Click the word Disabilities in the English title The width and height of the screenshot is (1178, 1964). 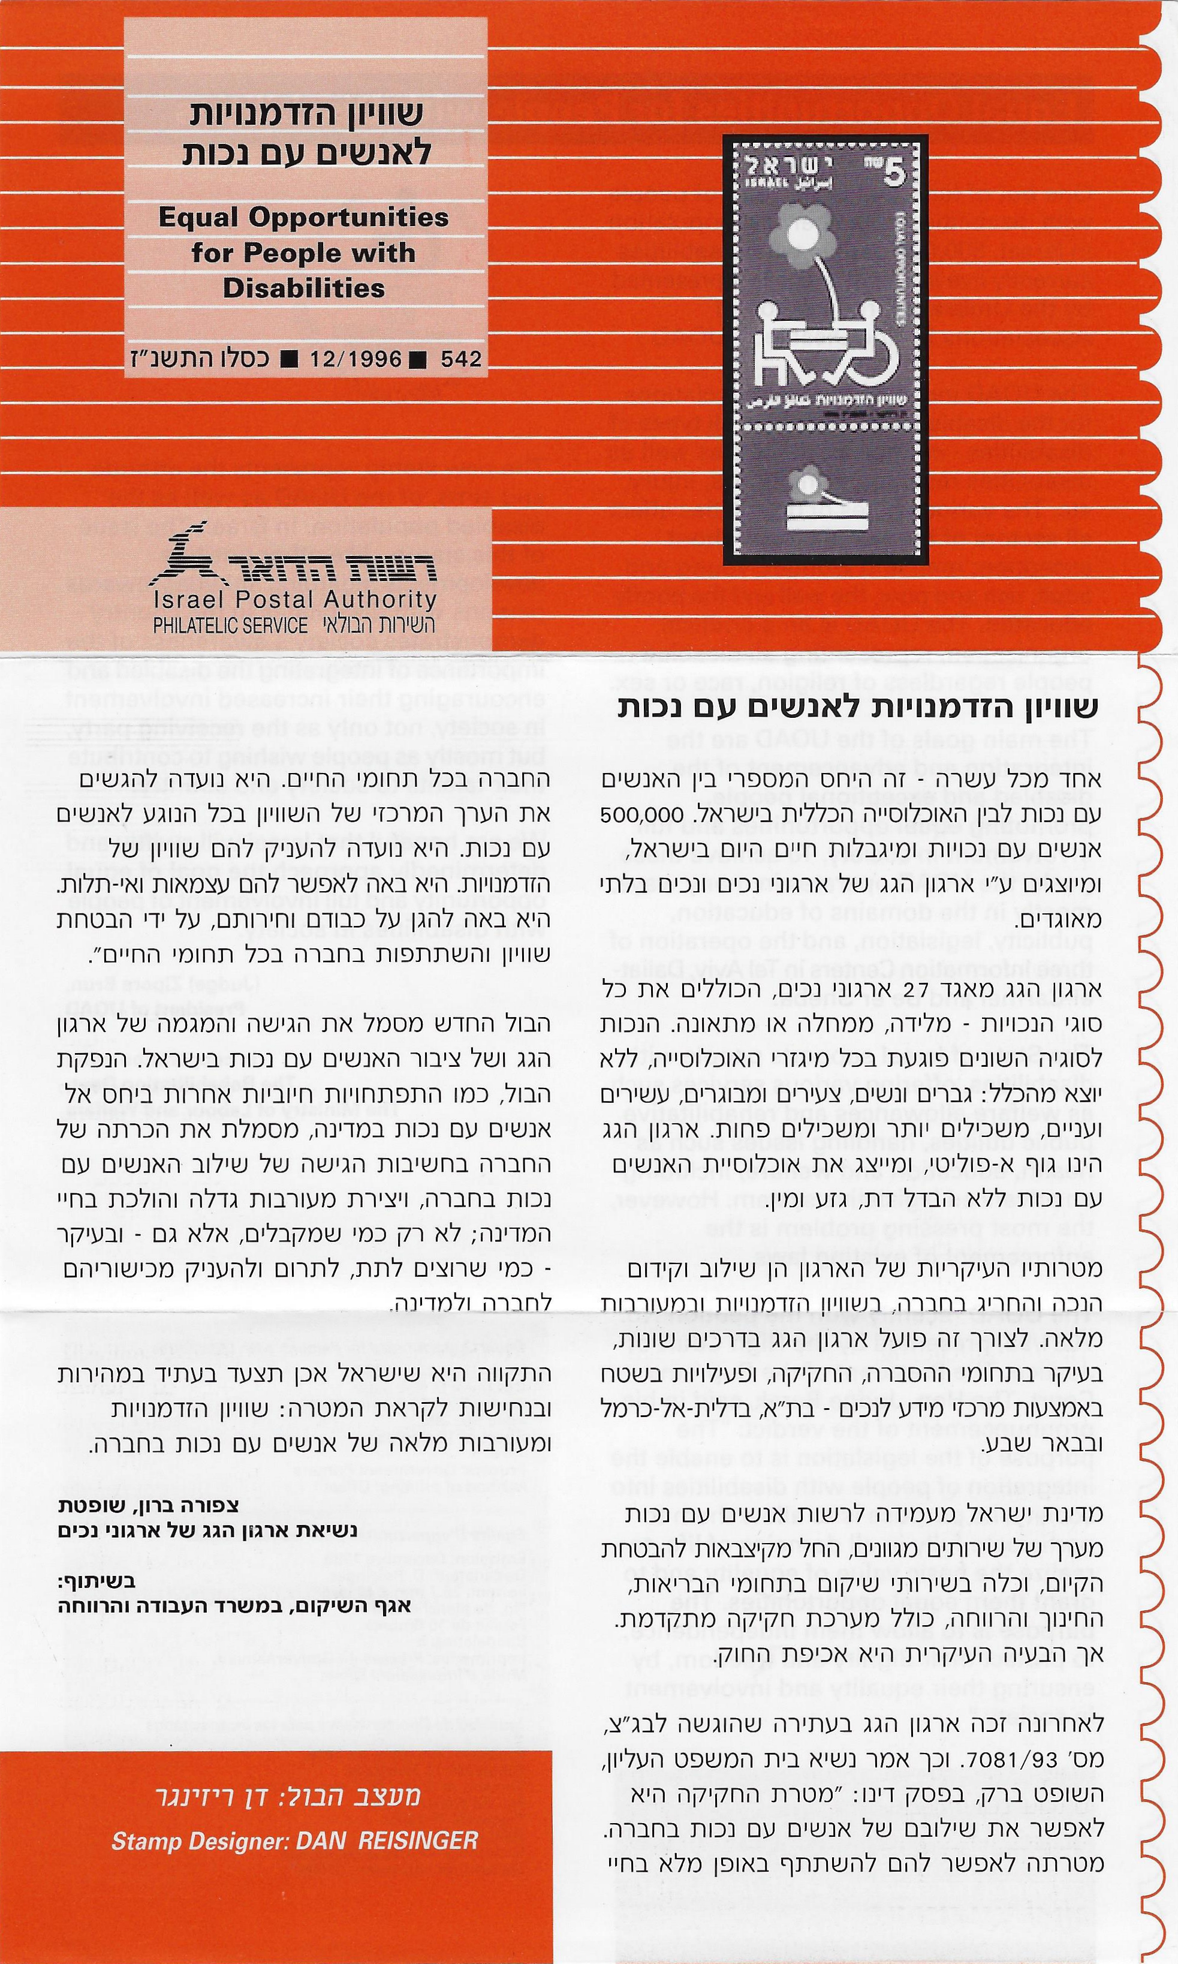(303, 288)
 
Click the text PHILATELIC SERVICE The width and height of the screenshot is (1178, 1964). (230, 625)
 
